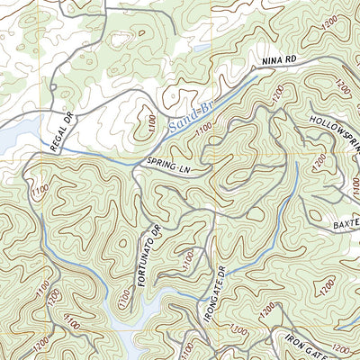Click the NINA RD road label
pyautogui.click(x=279, y=59)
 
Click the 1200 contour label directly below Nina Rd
pyautogui.click(x=280, y=94)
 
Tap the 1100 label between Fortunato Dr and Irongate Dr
pyautogui.click(x=186, y=259)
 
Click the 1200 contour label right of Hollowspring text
pyautogui.click(x=342, y=87)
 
